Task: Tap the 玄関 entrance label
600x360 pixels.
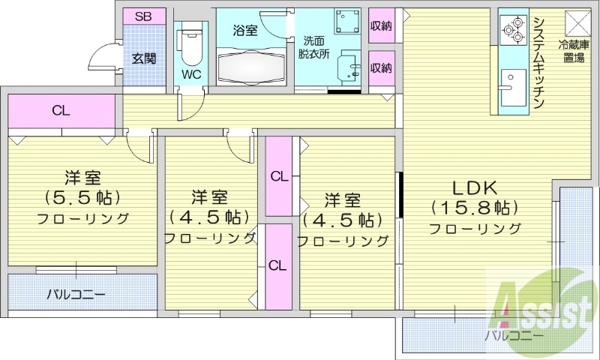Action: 144,58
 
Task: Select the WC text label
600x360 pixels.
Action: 190,74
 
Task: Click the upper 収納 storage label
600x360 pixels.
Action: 381,26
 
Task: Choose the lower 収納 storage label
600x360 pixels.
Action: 381,68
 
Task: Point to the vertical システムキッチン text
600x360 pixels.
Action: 538,63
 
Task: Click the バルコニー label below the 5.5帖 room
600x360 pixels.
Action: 76,293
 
